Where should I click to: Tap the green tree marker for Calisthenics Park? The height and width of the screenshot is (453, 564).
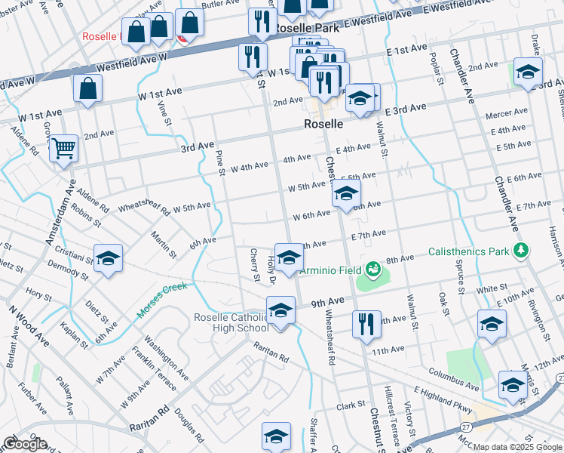pyautogui.click(x=519, y=250)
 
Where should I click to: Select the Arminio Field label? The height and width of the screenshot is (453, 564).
pyautogui.click(x=333, y=270)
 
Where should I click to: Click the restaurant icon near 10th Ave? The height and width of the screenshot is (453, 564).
pyautogui.click(x=366, y=323)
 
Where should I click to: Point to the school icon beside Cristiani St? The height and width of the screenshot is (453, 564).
pyautogui.click(x=108, y=257)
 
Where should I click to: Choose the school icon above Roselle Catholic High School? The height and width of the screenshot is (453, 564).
pyautogui.click(x=280, y=310)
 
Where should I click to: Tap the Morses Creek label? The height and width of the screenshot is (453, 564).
pyautogui.click(x=161, y=300)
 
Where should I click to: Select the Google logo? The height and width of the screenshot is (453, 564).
pyautogui.click(x=25, y=444)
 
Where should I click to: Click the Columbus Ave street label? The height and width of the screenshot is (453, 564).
pyautogui.click(x=453, y=379)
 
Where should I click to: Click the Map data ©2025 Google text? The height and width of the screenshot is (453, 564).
pyautogui.click(x=516, y=446)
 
